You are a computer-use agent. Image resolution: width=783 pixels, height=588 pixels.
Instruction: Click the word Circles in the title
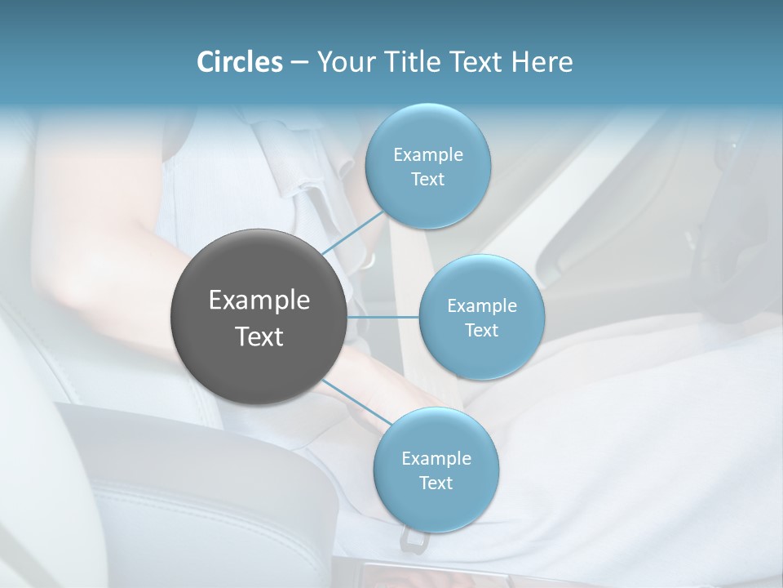coord(239,62)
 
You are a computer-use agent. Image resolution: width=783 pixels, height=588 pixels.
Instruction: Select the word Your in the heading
coord(341,62)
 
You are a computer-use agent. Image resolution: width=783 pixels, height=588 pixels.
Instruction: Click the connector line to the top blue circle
coord(352,234)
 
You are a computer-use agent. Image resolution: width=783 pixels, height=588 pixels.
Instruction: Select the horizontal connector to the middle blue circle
coord(383,317)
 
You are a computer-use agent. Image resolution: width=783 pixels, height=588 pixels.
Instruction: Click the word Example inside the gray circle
coord(259,301)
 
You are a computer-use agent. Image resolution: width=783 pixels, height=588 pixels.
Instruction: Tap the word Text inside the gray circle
coord(259,336)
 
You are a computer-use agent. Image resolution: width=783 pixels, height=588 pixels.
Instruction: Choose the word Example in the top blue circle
coord(428,155)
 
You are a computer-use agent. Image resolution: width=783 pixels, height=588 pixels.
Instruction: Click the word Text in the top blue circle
coord(428,180)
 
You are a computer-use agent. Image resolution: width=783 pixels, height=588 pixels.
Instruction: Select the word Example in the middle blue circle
coord(481,306)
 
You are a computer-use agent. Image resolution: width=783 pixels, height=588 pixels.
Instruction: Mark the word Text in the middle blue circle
coord(481,331)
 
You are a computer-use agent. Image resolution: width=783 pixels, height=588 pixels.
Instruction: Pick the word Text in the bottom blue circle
coord(436,483)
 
